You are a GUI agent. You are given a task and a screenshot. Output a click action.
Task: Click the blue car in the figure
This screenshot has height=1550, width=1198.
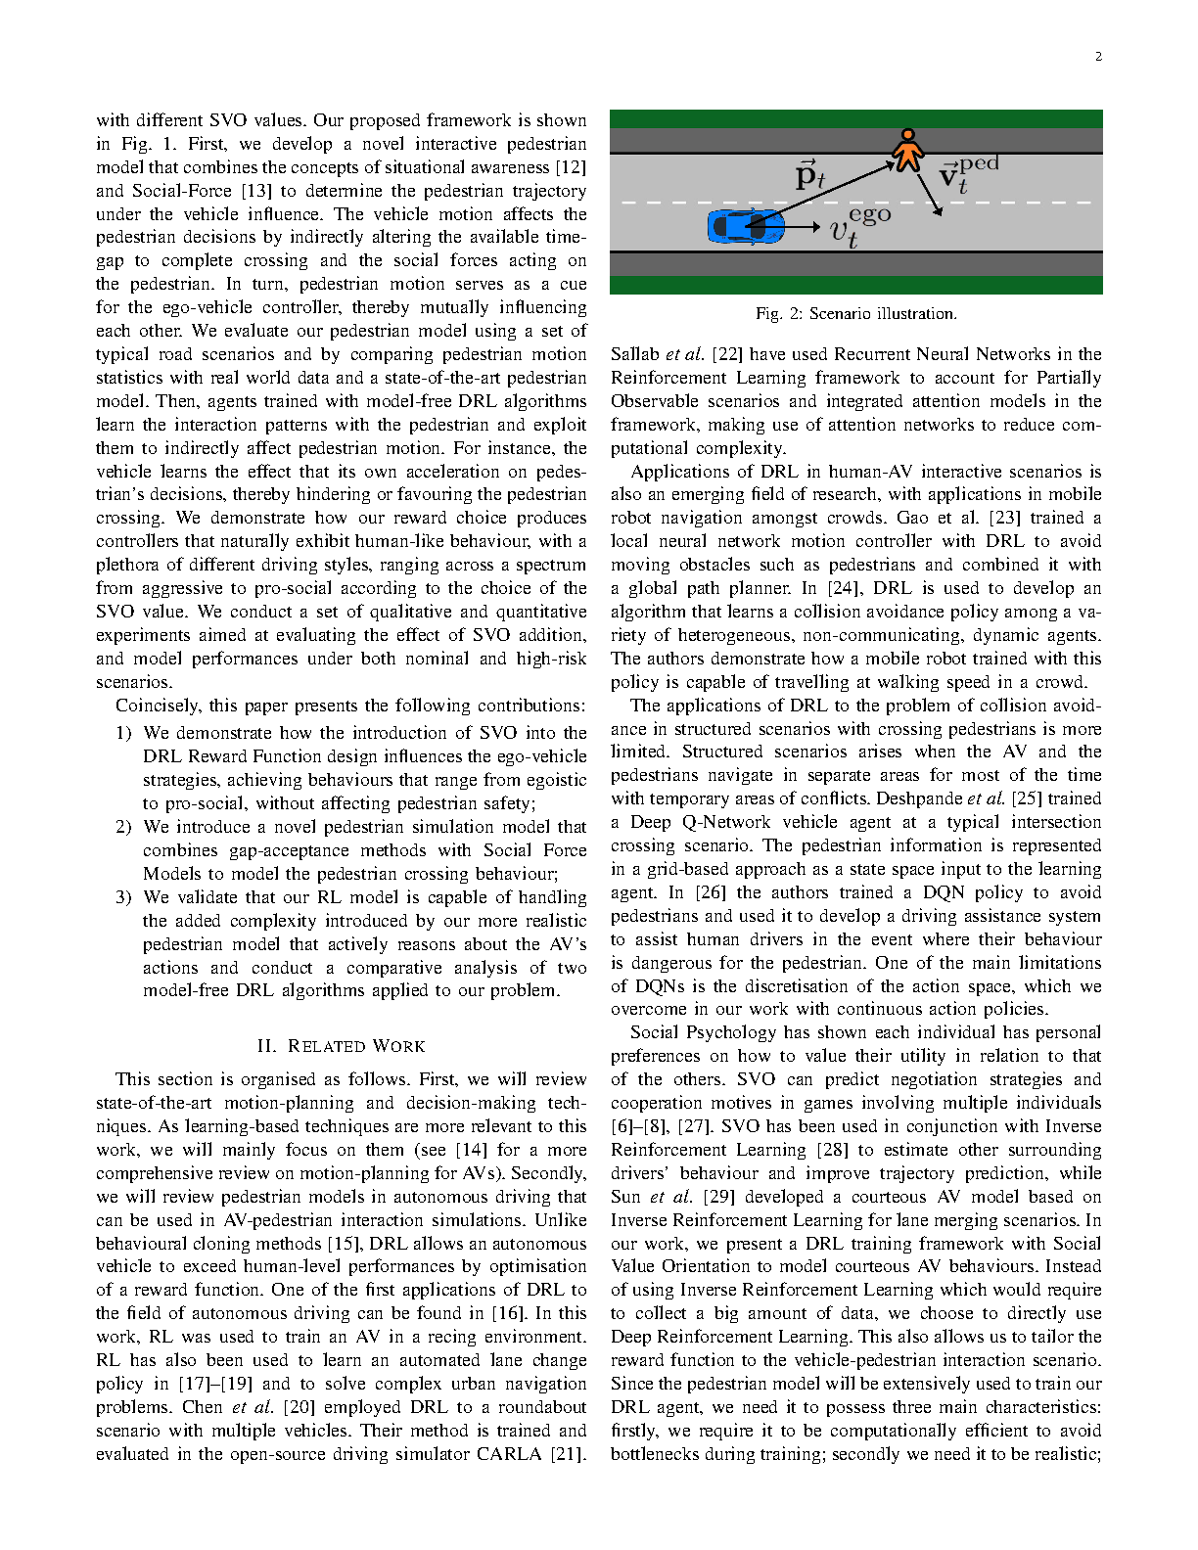tap(745, 226)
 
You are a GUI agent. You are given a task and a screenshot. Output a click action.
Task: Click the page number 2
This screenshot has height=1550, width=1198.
tap(1098, 57)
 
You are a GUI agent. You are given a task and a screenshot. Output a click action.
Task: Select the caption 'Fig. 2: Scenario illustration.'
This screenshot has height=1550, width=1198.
tap(855, 314)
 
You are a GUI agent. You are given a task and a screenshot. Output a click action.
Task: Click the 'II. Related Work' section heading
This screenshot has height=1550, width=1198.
tap(341, 1046)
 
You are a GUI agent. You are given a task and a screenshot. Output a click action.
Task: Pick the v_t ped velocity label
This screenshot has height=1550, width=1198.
tap(967, 173)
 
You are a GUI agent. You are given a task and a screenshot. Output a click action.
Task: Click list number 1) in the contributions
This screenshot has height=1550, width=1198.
tap(123, 733)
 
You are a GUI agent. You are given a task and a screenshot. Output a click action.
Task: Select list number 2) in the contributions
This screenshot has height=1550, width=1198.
tap(123, 827)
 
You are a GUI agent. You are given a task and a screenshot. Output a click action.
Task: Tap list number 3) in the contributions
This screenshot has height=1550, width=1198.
tap(123, 897)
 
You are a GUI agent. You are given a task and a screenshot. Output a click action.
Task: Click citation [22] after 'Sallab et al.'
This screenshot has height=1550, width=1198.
tap(727, 354)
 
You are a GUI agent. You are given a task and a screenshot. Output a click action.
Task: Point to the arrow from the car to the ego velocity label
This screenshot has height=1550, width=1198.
tap(803, 227)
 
